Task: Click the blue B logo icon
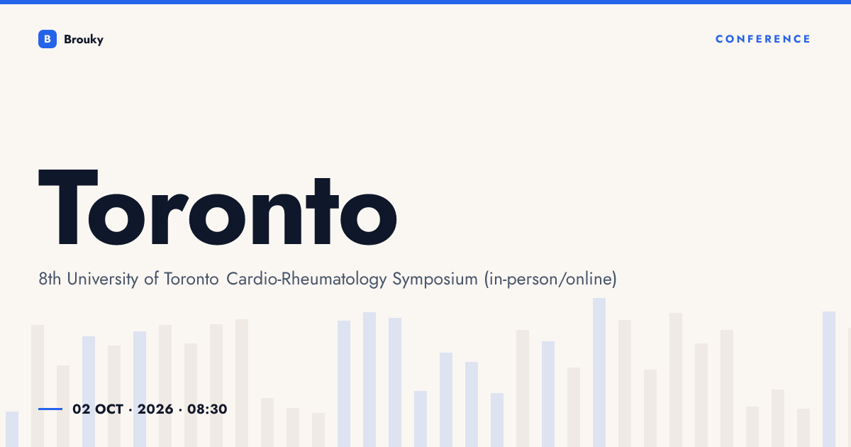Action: [x=48, y=39]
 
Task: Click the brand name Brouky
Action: [x=84, y=40]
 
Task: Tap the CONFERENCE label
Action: [x=763, y=39]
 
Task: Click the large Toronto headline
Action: [x=218, y=207]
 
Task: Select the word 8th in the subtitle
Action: [x=50, y=279]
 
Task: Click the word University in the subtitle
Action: [x=103, y=279]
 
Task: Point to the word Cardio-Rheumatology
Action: [x=306, y=279]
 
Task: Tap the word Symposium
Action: [x=435, y=279]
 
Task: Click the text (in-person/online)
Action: [x=550, y=279]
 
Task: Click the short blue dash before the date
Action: [x=50, y=409]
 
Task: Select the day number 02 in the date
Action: [x=82, y=409]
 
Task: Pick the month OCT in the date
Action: [x=109, y=409]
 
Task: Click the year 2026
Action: [x=155, y=409]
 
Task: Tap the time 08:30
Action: [x=207, y=409]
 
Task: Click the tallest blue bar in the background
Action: [x=599, y=372]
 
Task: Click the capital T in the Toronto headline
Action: [x=68, y=207]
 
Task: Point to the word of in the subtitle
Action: [x=151, y=279]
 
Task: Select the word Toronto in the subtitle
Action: [x=191, y=279]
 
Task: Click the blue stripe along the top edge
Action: [x=425, y=2]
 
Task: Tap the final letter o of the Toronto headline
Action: [x=369, y=219]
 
